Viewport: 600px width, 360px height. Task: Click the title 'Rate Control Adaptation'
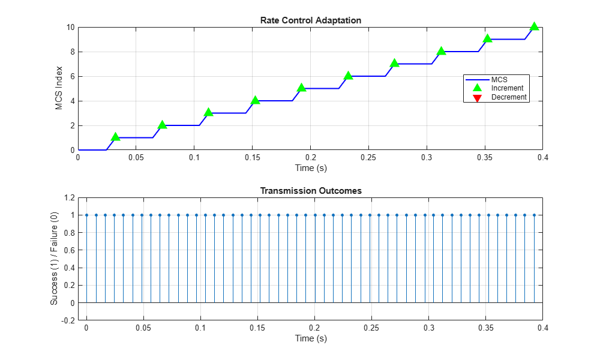(310, 20)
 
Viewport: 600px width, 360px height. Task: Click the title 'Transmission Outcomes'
(310, 191)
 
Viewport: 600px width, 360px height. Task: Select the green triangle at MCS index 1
(115, 137)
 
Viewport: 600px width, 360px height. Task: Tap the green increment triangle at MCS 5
(301, 88)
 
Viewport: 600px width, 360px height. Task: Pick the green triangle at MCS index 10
(534, 26)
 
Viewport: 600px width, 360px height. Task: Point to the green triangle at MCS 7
(394, 63)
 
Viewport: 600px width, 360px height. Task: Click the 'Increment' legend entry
(508, 88)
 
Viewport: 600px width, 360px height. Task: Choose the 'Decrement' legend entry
(509, 97)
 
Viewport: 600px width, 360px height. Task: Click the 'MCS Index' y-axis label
(59, 88)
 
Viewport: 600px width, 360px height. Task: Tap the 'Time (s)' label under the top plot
(310, 168)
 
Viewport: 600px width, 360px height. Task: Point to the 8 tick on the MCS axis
(70, 52)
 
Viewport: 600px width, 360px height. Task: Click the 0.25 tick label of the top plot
(368, 157)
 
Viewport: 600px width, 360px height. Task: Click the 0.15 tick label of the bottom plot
(257, 328)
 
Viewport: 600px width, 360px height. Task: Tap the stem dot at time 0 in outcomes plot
(86, 215)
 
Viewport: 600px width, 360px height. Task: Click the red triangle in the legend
(478, 97)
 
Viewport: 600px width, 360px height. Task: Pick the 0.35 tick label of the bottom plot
(485, 328)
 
